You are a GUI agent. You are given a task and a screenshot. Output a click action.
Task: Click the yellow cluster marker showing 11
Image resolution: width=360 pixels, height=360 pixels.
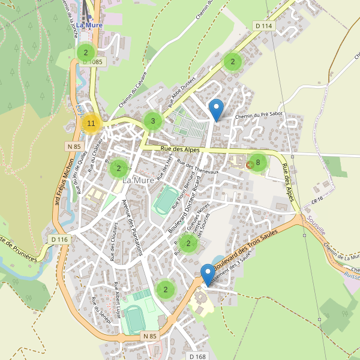tap(91, 124)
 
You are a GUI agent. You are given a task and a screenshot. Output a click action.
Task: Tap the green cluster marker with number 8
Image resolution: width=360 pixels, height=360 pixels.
tap(257, 162)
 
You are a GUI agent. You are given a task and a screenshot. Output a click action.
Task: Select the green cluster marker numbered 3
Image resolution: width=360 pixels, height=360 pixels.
tap(152, 121)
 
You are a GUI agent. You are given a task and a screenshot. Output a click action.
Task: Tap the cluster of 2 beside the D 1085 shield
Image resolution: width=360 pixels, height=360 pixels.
tap(86, 53)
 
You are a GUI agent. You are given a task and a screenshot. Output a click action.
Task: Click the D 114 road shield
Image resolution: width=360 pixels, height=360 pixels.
tap(263, 26)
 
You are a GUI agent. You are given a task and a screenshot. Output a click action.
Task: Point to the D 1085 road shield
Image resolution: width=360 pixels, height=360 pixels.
tap(92, 62)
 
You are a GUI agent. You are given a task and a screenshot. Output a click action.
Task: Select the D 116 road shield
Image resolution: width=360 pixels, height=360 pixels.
tap(60, 239)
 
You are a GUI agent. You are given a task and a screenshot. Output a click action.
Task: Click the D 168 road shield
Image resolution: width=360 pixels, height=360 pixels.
tap(197, 356)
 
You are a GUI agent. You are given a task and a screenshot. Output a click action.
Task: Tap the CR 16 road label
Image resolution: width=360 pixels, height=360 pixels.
tap(317, 199)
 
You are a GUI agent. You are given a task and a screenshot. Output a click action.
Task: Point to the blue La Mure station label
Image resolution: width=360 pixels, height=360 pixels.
tap(89, 25)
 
